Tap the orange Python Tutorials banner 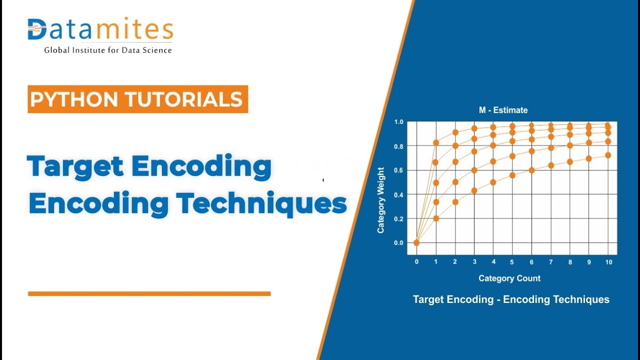click(x=137, y=99)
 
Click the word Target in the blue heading click(x=75, y=166)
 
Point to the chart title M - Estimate click(x=503, y=110)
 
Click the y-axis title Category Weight click(x=381, y=200)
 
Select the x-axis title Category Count click(x=509, y=278)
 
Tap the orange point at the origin click(x=416, y=243)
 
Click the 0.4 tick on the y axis click(x=398, y=194)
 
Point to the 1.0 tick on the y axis click(x=398, y=122)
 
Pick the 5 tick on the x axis click(x=512, y=262)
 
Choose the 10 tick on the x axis click(x=608, y=262)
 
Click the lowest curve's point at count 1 click(x=436, y=218)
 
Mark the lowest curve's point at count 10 click(x=608, y=155)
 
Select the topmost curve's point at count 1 click(x=436, y=142)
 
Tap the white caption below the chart click(x=511, y=299)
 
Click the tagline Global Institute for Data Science click(x=108, y=50)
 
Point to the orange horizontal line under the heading click(x=149, y=293)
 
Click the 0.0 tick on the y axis click(x=398, y=243)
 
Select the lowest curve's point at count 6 click(x=531, y=170)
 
